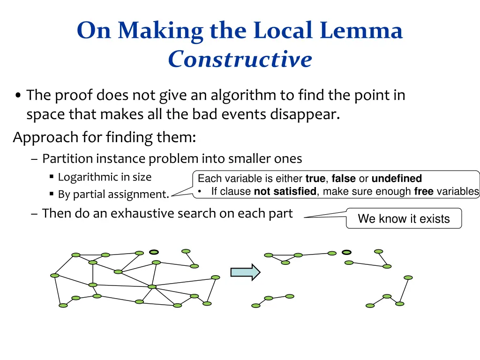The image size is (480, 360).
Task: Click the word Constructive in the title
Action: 240,60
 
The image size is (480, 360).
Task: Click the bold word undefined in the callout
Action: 397,179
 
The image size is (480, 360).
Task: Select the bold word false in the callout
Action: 344,179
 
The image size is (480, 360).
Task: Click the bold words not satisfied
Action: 285,191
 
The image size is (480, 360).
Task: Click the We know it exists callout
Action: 404,218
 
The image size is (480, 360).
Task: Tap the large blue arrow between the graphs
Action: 245,272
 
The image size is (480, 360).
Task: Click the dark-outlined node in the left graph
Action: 154,252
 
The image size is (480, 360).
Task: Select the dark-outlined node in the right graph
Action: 346,252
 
